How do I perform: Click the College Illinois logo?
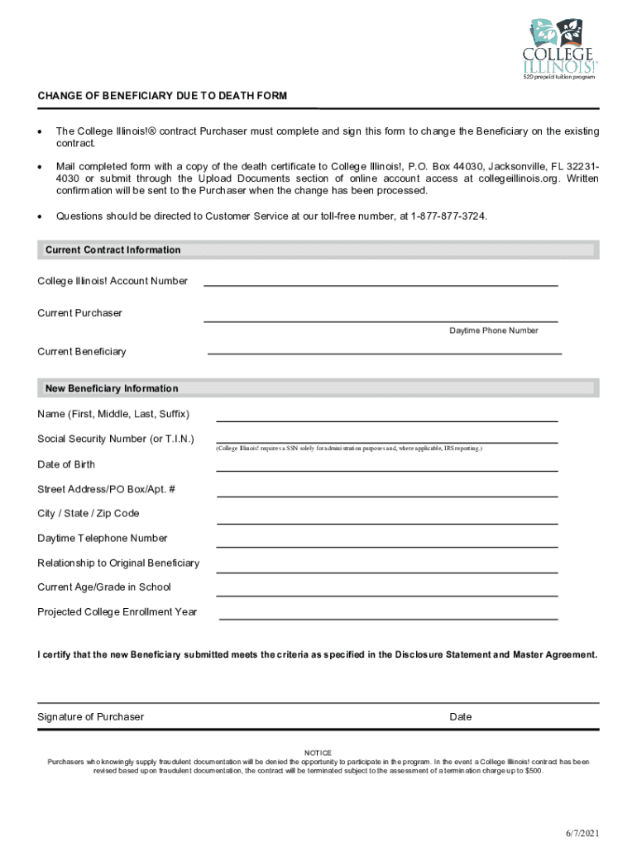559,49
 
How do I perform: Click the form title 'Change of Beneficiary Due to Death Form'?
162,96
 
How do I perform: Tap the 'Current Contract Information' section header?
113,250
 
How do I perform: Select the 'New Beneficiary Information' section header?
112,388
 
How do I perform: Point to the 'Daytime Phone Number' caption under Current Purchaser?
494,330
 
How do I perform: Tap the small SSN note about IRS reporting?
349,449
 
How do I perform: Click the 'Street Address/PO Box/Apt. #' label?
106,489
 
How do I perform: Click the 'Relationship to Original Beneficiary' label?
118,563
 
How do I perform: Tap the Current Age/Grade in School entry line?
386,595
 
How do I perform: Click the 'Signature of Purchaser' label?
90,716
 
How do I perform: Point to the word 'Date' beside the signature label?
461,716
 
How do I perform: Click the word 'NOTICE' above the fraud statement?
318,753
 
